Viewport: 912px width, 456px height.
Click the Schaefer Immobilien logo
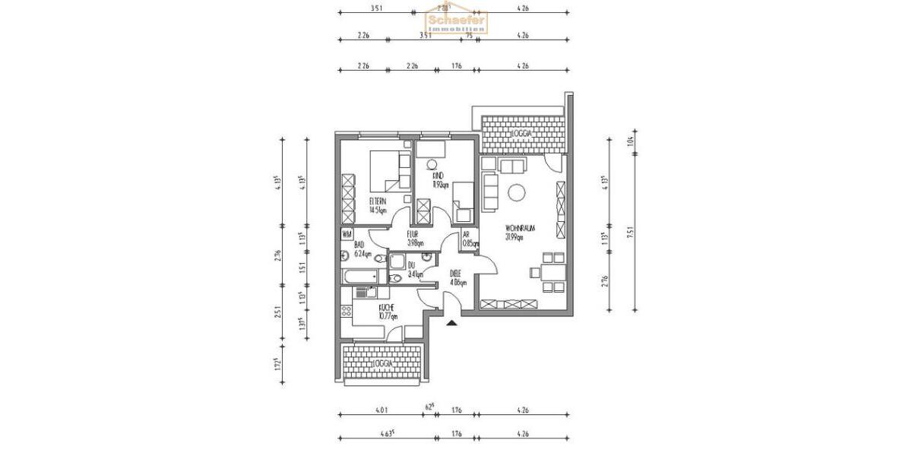tap(457, 21)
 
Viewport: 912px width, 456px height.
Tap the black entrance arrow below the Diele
tap(452, 322)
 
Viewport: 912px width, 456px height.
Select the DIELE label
tap(456, 276)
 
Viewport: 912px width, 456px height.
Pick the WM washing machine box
tap(347, 234)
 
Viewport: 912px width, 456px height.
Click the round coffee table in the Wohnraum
tap(518, 193)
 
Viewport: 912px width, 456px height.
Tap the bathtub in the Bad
tap(363, 276)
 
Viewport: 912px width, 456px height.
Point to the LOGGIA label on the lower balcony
tap(383, 364)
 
